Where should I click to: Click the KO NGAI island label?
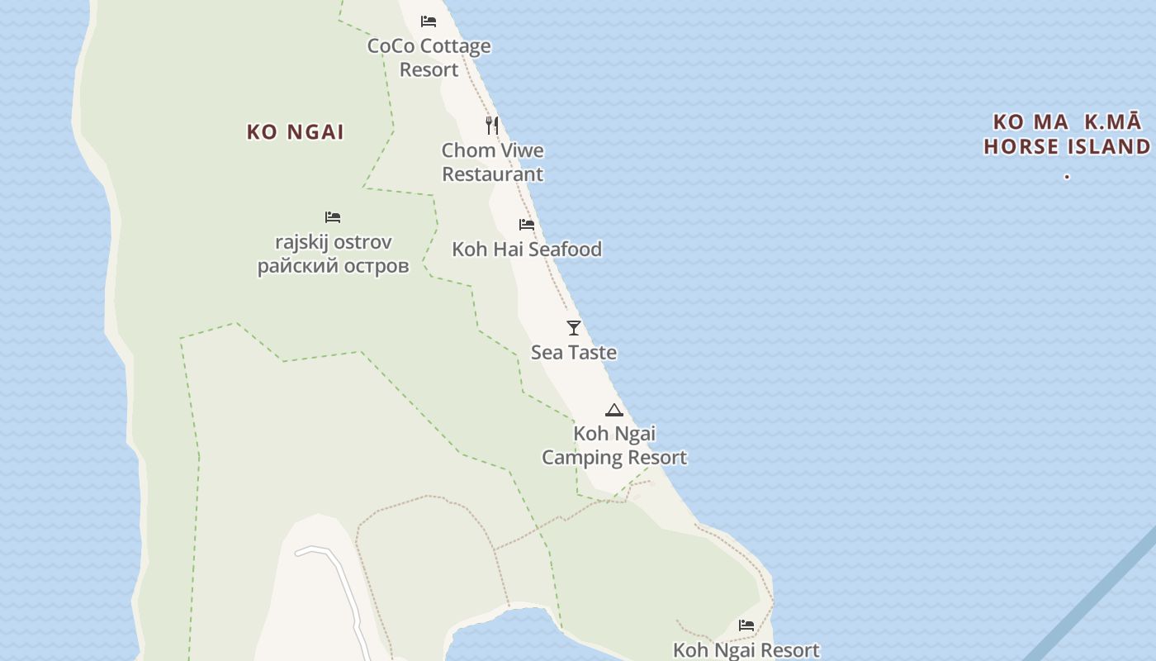coord(296,132)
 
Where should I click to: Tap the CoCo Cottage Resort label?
coord(429,58)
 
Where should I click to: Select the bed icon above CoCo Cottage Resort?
coord(429,21)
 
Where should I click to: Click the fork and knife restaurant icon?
coord(492,126)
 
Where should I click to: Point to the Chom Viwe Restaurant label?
coord(492,162)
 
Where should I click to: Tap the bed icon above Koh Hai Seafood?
coord(527,225)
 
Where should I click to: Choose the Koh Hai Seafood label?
coord(527,250)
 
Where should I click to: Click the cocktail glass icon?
coord(574,328)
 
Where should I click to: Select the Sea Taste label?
coord(574,353)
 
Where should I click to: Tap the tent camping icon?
coord(614,410)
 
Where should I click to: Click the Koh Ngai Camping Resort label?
coord(614,445)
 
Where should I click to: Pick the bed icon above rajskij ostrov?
coord(333,217)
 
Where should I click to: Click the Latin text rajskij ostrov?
coord(333,243)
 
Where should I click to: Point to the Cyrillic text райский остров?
coord(333,266)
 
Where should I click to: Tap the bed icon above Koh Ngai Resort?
coord(746,625)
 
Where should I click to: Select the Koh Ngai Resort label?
coord(746,650)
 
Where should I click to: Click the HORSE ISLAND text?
coord(1067,147)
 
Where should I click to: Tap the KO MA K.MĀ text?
coord(1067,122)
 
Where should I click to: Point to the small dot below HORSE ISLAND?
coord(1067,176)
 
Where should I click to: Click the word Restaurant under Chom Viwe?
coord(493,174)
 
